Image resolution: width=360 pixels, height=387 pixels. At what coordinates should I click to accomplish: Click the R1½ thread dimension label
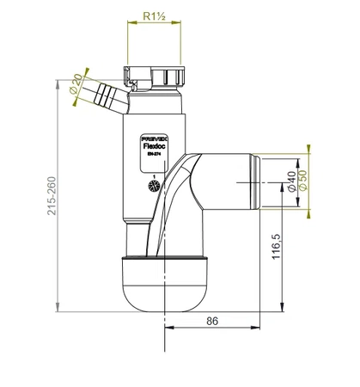point(155,15)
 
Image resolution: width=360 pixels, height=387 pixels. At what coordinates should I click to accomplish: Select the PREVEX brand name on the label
point(153,136)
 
